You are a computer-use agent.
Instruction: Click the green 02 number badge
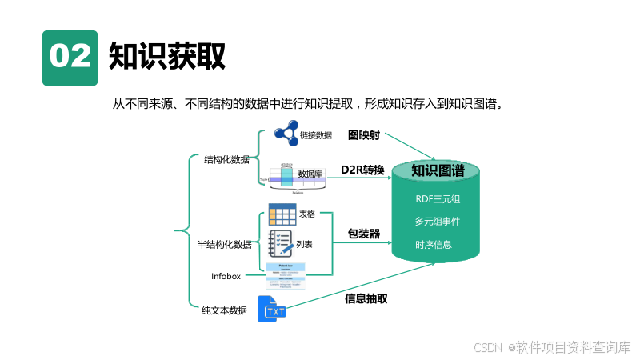pyautogui.click(x=70, y=58)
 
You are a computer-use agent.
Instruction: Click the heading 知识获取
pyautogui.click(x=167, y=56)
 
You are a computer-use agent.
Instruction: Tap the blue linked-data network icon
pyautogui.click(x=280, y=134)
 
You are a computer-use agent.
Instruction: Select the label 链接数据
pyautogui.click(x=316, y=135)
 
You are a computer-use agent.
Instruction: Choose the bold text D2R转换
pyautogui.click(x=362, y=170)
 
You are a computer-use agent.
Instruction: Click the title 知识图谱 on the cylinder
pyautogui.click(x=438, y=170)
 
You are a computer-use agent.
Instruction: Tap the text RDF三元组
pyautogui.click(x=438, y=198)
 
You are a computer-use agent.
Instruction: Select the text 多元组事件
pyautogui.click(x=438, y=221)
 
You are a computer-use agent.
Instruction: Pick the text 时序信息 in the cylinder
pyautogui.click(x=434, y=244)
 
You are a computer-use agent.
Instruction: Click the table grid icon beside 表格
pyautogui.click(x=282, y=214)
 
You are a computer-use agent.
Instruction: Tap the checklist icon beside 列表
pyautogui.click(x=281, y=242)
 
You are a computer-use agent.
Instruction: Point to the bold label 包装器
pyautogui.click(x=363, y=234)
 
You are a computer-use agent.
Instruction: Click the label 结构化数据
pyautogui.click(x=226, y=159)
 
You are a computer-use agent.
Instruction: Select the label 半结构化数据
pyautogui.click(x=224, y=244)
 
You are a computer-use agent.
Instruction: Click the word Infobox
pyautogui.click(x=226, y=276)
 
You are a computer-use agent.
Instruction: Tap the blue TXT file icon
pyautogui.click(x=272, y=309)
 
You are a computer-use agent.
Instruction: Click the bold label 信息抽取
pyautogui.click(x=366, y=298)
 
